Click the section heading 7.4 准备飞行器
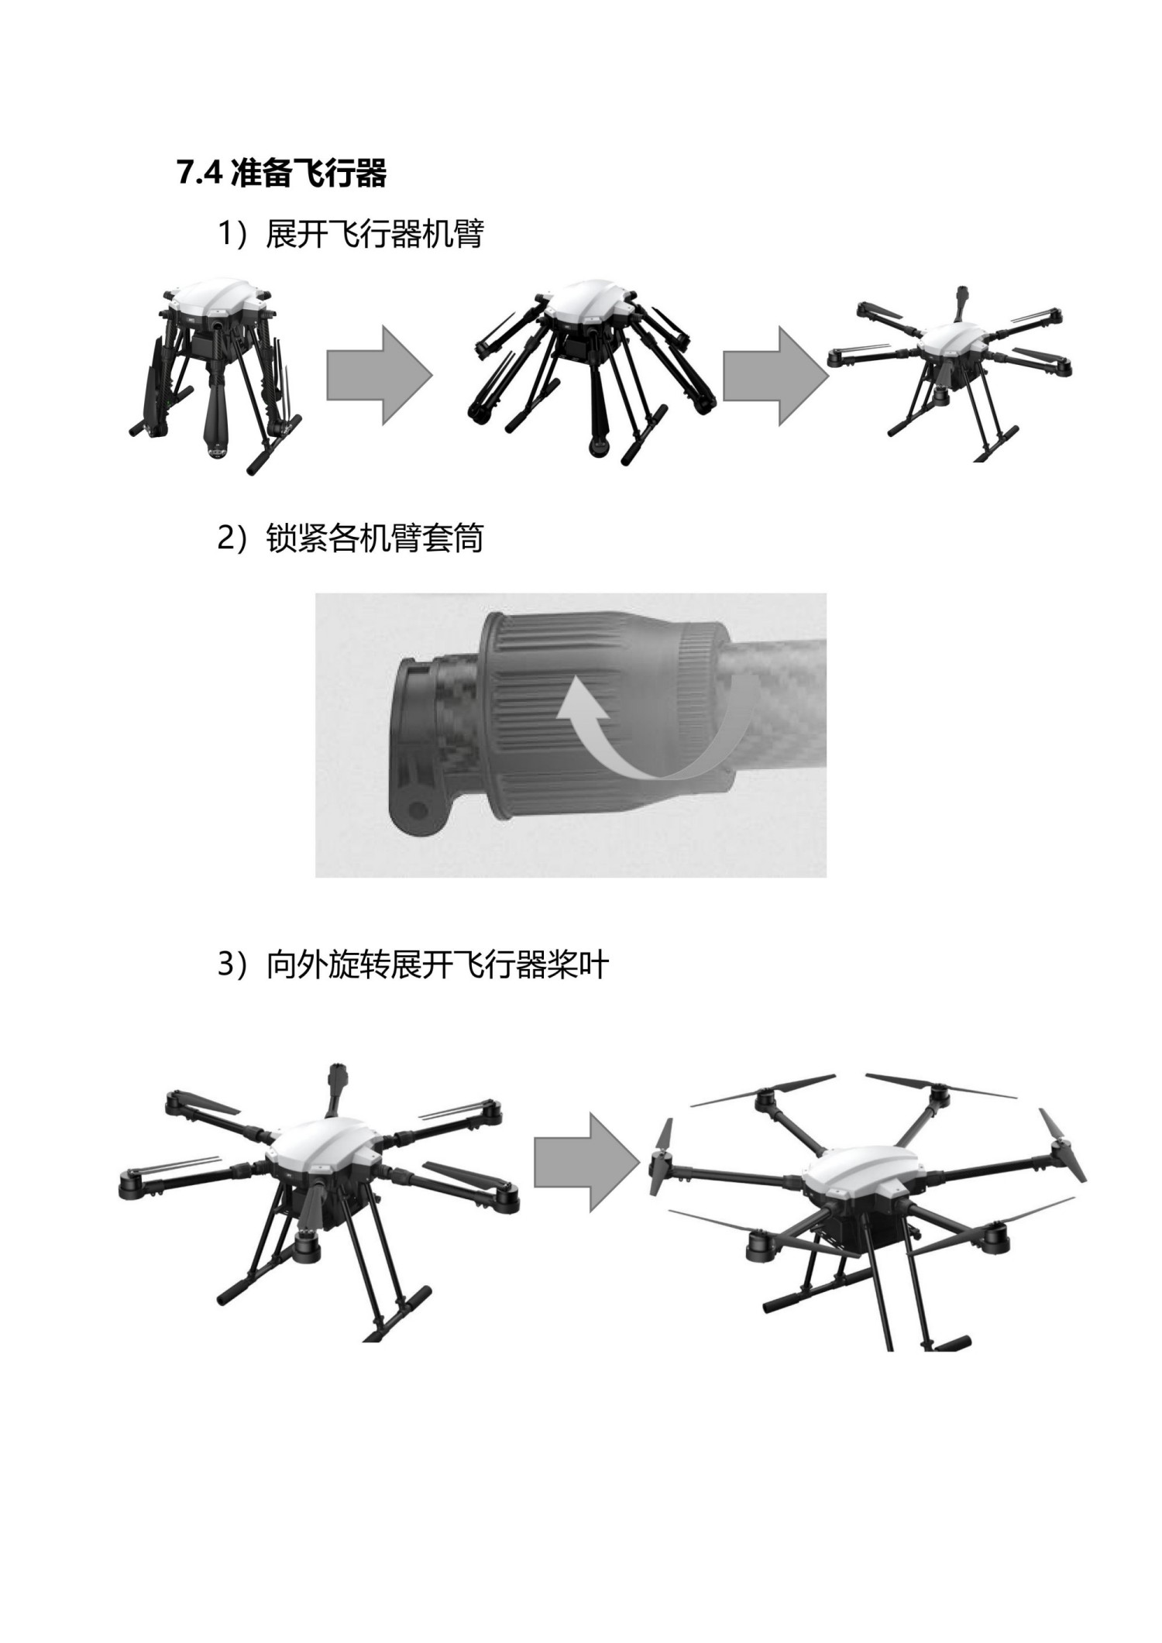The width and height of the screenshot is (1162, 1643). pos(281,174)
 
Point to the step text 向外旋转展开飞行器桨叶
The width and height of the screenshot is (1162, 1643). pos(437,965)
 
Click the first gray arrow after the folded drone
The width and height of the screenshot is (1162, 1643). pos(378,375)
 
